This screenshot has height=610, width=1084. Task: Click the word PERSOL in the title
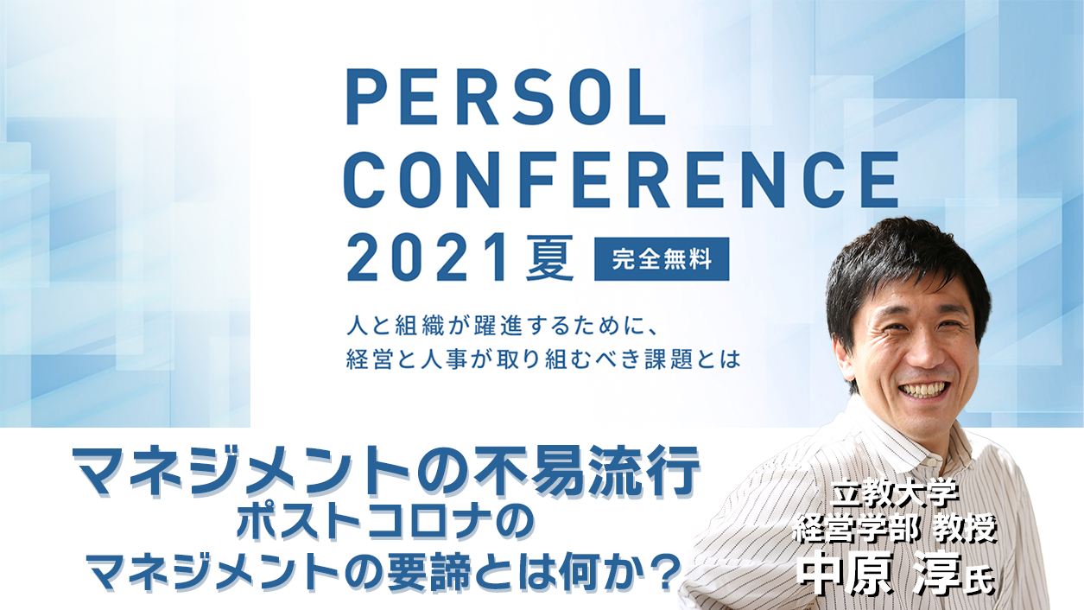coord(505,98)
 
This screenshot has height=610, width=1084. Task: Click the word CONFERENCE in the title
coord(621,180)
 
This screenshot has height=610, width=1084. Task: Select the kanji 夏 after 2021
coord(550,258)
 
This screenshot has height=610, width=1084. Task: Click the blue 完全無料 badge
coord(662,259)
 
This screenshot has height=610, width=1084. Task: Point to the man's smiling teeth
coord(922,391)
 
